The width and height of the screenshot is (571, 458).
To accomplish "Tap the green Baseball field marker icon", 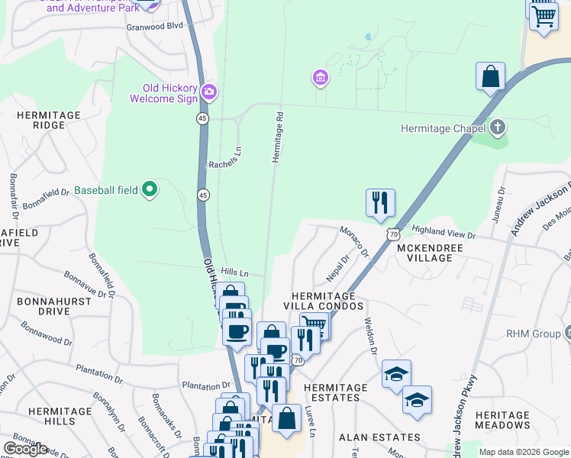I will pyautogui.click(x=150, y=189).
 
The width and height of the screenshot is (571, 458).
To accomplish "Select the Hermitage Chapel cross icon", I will pyautogui.click(x=498, y=127).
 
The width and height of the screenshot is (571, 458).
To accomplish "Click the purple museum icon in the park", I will pyautogui.click(x=320, y=78).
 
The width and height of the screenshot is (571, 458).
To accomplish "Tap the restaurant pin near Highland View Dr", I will pyautogui.click(x=380, y=203).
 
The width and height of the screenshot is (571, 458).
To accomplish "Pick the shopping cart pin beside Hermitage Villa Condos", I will pyautogui.click(x=314, y=326).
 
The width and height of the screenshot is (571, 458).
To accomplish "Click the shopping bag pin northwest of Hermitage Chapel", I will pyautogui.click(x=490, y=76).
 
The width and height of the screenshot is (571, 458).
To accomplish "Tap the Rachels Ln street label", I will pyautogui.click(x=225, y=157).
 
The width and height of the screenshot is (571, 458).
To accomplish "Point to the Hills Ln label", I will pyautogui.click(x=235, y=272).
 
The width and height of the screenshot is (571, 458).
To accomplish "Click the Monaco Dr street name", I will pyautogui.click(x=354, y=241).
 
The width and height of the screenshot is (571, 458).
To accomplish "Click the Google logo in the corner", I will pyautogui.click(x=25, y=449).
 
